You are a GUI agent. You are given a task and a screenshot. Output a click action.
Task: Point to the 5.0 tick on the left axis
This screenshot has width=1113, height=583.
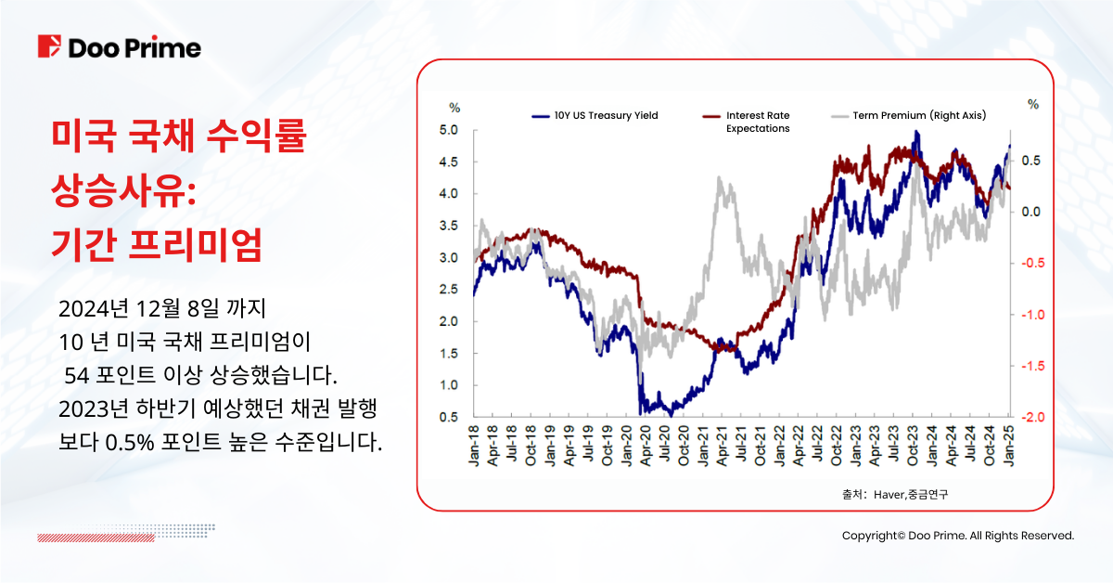pyautogui.click(x=449, y=130)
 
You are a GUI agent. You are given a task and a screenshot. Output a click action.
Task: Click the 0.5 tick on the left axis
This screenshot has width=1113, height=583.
pyautogui.click(x=449, y=417)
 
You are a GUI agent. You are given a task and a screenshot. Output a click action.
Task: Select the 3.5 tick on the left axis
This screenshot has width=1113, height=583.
pyautogui.click(x=449, y=226)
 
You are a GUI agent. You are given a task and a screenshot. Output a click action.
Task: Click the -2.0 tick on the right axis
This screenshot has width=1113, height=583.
pyautogui.click(x=1030, y=417)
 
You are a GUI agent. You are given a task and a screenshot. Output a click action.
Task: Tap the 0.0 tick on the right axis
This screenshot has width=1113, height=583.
pyautogui.click(x=1030, y=212)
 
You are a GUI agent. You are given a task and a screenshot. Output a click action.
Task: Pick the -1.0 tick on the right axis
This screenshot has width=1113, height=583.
pyautogui.click(x=1030, y=315)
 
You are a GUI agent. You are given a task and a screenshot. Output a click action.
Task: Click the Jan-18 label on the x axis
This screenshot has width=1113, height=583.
pyautogui.click(x=474, y=447)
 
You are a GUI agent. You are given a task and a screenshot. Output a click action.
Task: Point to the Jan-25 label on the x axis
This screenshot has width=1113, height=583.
pyautogui.click(x=1010, y=447)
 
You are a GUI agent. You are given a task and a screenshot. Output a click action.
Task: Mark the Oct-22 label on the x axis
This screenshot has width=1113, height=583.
pyautogui.click(x=837, y=447)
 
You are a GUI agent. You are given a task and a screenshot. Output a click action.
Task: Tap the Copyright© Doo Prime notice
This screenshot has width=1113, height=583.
pyautogui.click(x=957, y=536)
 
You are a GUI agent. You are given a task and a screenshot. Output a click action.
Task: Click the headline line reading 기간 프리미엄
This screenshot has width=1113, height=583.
pyautogui.click(x=157, y=244)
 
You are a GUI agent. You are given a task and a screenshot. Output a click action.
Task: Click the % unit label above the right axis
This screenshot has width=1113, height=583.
pyautogui.click(x=1032, y=105)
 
